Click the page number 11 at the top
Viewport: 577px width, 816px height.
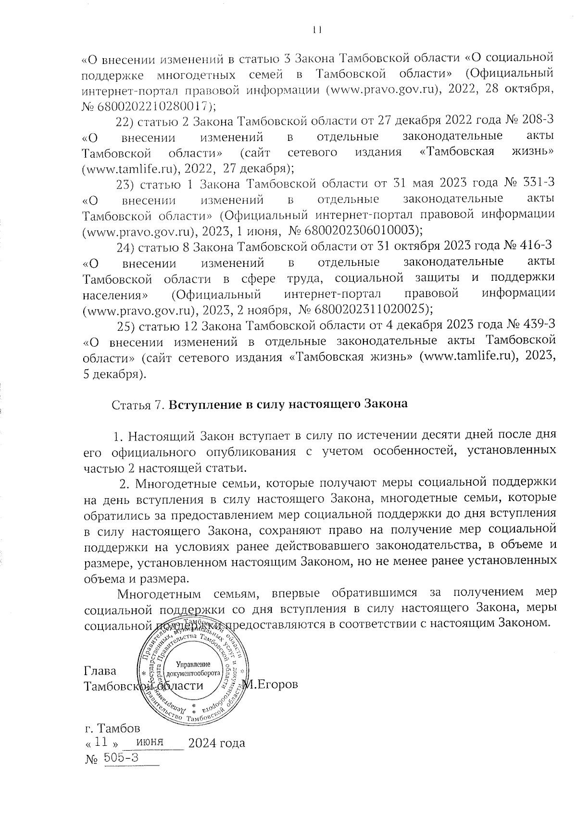point(316,30)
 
